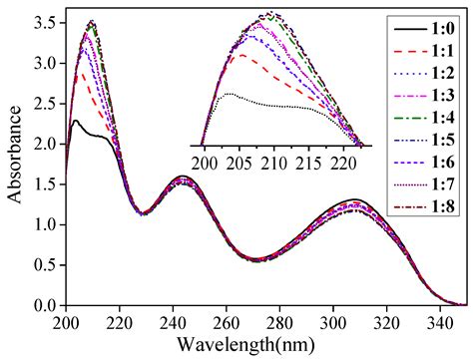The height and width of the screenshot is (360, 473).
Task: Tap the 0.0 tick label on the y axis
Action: coord(46,305)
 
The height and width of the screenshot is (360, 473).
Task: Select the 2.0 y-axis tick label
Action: coord(46,144)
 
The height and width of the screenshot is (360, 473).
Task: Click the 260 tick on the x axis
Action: coord(227,321)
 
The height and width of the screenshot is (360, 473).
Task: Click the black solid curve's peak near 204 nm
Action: coord(76,120)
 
